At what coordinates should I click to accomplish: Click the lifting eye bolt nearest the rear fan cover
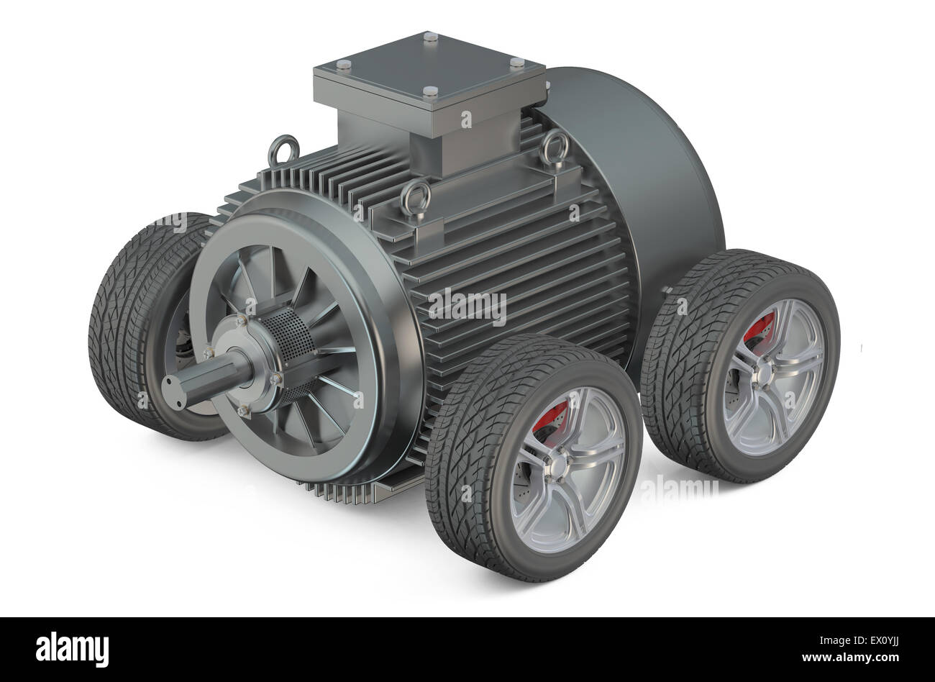coord(553,147)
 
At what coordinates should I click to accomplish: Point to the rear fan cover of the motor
coord(647,180)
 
